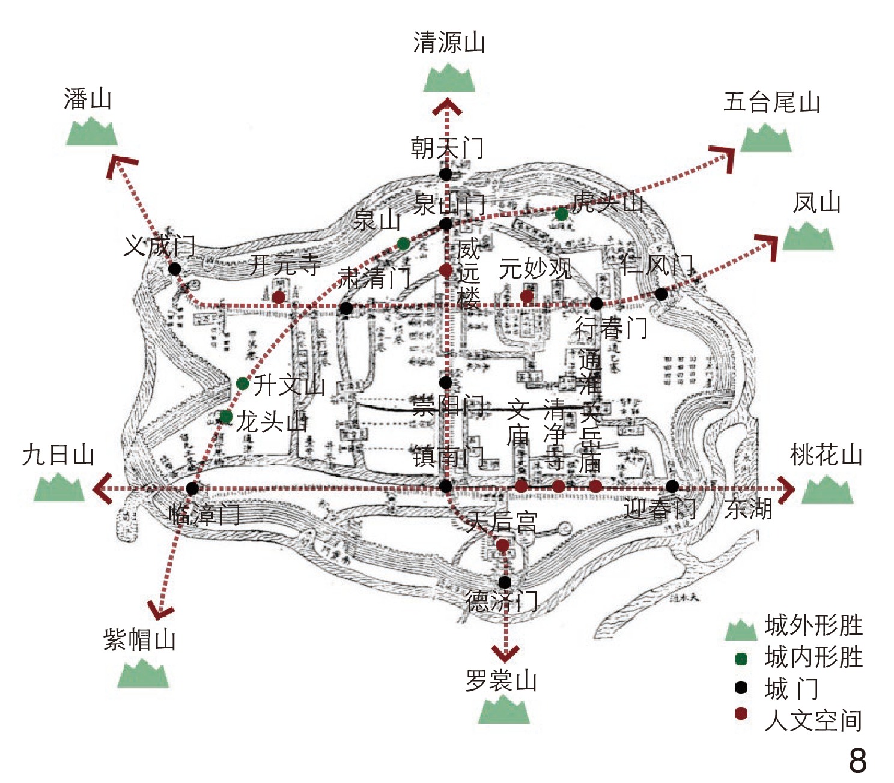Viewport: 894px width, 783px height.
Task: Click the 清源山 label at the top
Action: pos(449,43)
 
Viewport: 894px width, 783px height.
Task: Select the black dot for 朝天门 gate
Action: pos(446,174)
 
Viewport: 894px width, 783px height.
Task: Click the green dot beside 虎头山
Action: pos(562,214)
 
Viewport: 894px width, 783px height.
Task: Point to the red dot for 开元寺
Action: pos(279,297)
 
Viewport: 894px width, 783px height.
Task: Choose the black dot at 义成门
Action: pos(175,268)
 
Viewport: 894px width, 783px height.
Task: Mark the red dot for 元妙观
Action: pos(527,296)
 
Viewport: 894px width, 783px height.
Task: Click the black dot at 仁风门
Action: pos(661,294)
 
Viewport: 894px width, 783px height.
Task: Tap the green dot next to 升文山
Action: pos(243,384)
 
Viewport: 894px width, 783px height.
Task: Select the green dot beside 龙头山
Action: pos(226,417)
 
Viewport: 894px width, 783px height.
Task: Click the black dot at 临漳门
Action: pos(192,489)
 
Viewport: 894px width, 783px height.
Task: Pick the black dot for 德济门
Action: pos(505,582)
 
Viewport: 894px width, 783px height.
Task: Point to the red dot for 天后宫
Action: pos(503,545)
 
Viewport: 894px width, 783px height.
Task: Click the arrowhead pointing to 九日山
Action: pos(102,488)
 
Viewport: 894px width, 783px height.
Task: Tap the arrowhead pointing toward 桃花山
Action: pos(786,488)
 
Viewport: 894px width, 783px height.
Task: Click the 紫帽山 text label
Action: pos(139,639)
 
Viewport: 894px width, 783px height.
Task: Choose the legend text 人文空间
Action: pos(813,720)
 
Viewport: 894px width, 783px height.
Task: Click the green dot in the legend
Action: pos(741,659)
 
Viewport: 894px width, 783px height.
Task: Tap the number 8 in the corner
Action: pos(857,760)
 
